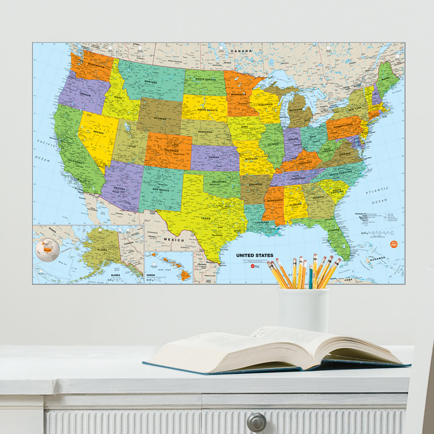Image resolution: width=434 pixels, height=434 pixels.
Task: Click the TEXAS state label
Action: point(206,218)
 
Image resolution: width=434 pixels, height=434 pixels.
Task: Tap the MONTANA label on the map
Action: point(150,82)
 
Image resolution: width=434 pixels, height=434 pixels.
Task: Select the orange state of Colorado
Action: point(168,150)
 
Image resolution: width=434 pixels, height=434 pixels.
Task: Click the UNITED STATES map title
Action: point(255,255)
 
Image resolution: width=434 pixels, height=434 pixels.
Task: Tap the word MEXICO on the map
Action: point(174,240)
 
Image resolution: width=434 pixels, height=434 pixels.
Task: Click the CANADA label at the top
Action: point(241,51)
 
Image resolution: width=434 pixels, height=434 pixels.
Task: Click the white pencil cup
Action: point(304,309)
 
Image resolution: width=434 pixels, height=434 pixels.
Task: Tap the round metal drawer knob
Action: point(256,422)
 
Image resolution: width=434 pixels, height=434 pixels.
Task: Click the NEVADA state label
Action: point(98,132)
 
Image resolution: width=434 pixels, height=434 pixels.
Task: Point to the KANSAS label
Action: point(214,157)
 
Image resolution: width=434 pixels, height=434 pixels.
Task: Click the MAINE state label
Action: point(385,78)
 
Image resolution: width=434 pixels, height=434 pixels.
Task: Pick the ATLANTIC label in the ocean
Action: point(377,191)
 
